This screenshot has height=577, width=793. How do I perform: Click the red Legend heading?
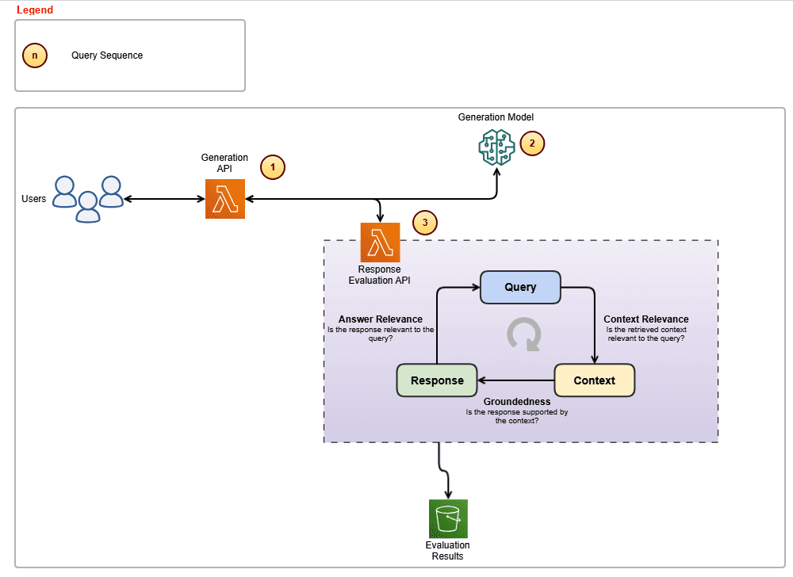(35, 10)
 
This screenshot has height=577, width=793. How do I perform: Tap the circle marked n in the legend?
(35, 55)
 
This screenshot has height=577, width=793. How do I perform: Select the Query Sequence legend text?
(107, 55)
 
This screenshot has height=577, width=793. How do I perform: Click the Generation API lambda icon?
(225, 198)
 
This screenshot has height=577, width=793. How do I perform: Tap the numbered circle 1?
(273, 167)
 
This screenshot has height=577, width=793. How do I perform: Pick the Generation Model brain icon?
(496, 147)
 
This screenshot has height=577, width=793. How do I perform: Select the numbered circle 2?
(532, 143)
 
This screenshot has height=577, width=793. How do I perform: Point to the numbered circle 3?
(425, 223)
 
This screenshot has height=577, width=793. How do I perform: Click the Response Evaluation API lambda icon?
(380, 242)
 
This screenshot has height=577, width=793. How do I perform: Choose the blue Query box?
(520, 287)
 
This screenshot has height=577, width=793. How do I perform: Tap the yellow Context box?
(594, 380)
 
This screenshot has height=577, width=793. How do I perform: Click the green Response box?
(437, 380)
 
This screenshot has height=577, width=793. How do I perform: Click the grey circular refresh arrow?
(523, 334)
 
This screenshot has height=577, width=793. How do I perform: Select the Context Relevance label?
(646, 319)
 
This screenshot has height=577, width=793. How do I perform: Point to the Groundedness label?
(517, 402)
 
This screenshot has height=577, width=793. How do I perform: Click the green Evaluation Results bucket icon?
(448, 518)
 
